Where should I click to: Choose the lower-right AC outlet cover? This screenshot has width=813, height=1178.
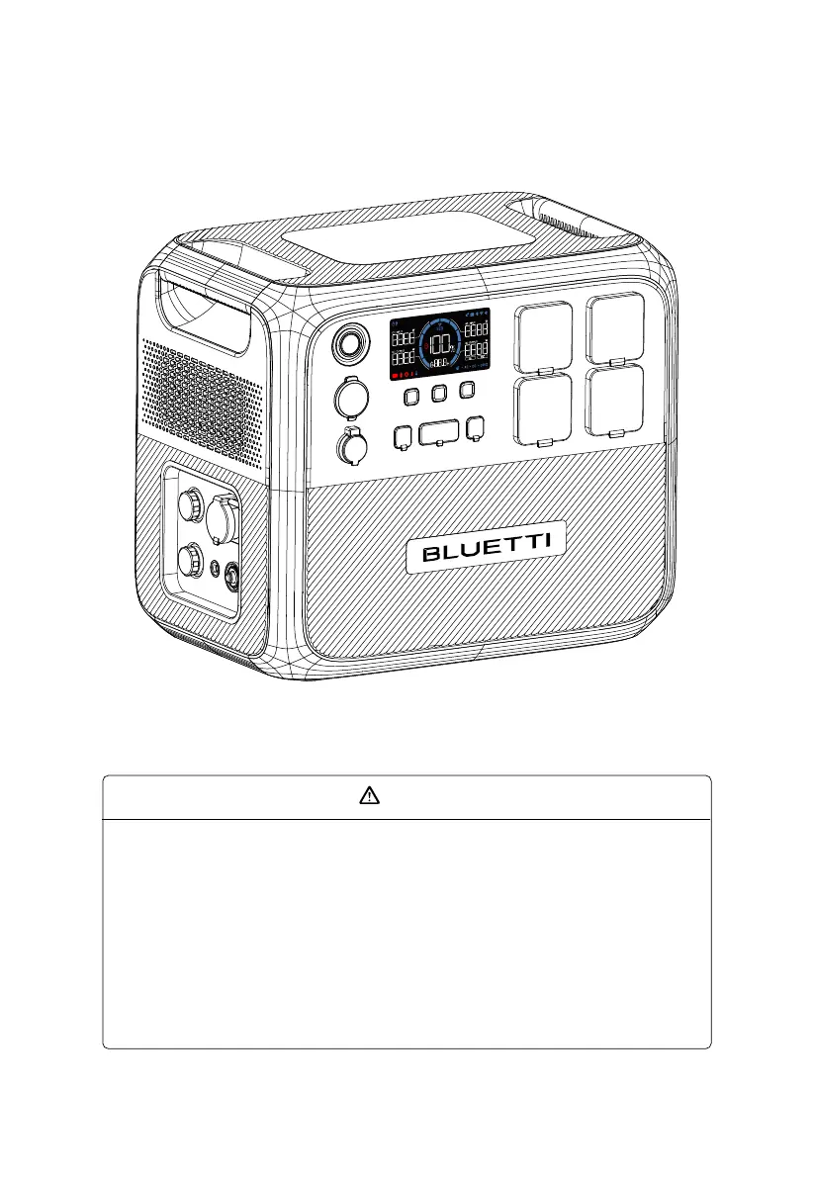614,401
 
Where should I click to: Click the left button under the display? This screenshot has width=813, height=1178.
412,397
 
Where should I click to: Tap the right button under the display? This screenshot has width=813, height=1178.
468,391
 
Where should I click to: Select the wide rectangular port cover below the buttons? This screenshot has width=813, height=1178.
438,433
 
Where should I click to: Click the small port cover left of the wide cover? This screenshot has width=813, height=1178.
404,435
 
